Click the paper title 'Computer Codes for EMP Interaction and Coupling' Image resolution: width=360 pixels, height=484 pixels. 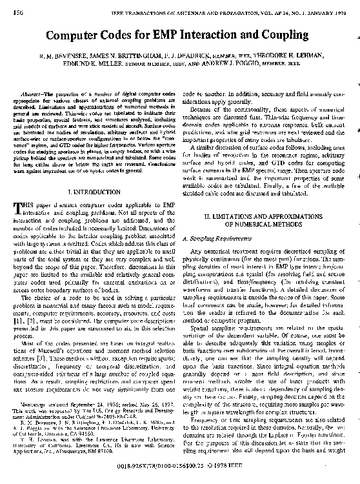coord(179,35)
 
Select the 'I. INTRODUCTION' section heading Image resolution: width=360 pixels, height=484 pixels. coord(95,192)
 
